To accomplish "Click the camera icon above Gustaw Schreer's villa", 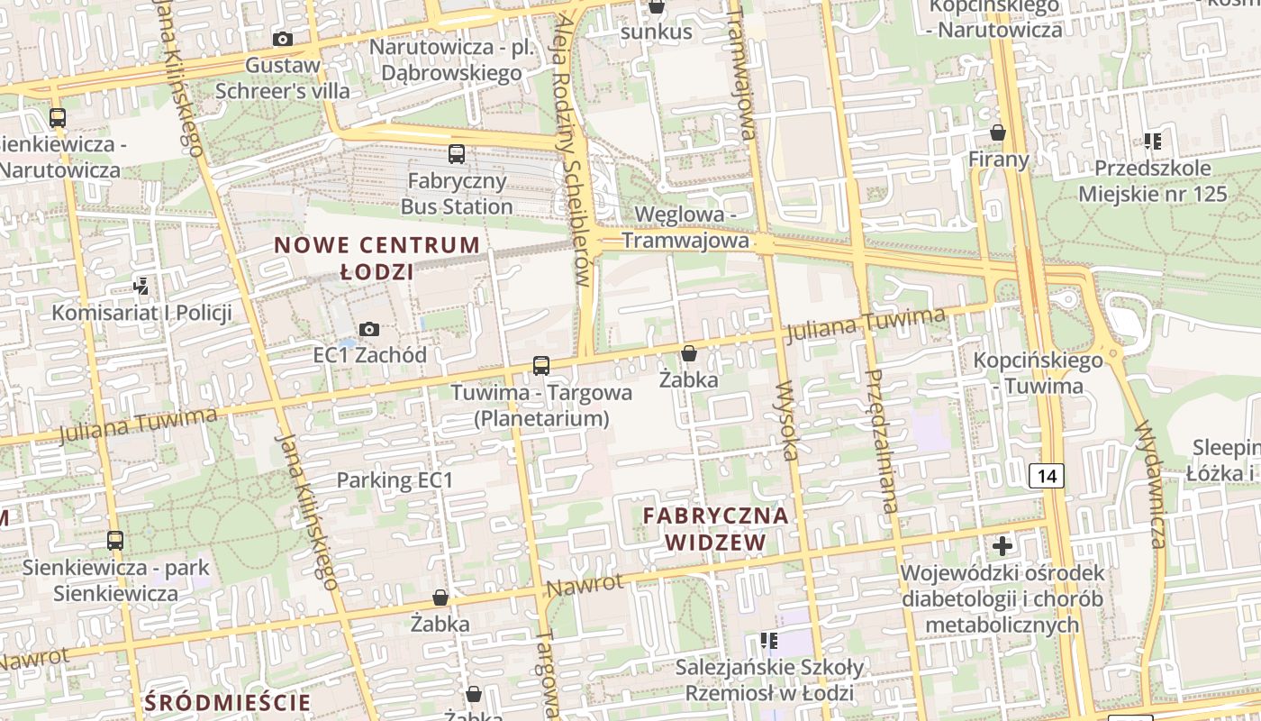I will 283,40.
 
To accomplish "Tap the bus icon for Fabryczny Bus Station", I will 457,154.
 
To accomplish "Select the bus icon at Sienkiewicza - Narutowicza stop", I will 58,117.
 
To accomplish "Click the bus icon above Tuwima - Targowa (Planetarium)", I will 541,365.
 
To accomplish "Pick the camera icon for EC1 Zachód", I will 369,329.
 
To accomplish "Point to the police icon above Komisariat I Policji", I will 141,287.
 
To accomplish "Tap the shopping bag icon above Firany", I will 998,133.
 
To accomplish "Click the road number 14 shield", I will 1046,475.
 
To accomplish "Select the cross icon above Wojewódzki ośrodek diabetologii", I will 1002,545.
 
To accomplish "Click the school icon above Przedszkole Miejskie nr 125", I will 1152,141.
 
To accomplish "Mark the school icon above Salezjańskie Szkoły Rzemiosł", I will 768,641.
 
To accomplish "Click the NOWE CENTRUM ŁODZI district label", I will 376,258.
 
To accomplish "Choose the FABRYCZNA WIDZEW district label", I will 716,529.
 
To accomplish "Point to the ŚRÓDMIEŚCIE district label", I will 227,702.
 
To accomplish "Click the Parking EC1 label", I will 395,480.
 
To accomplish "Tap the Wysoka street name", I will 785,420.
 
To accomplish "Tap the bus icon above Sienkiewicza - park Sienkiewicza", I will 115,541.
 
